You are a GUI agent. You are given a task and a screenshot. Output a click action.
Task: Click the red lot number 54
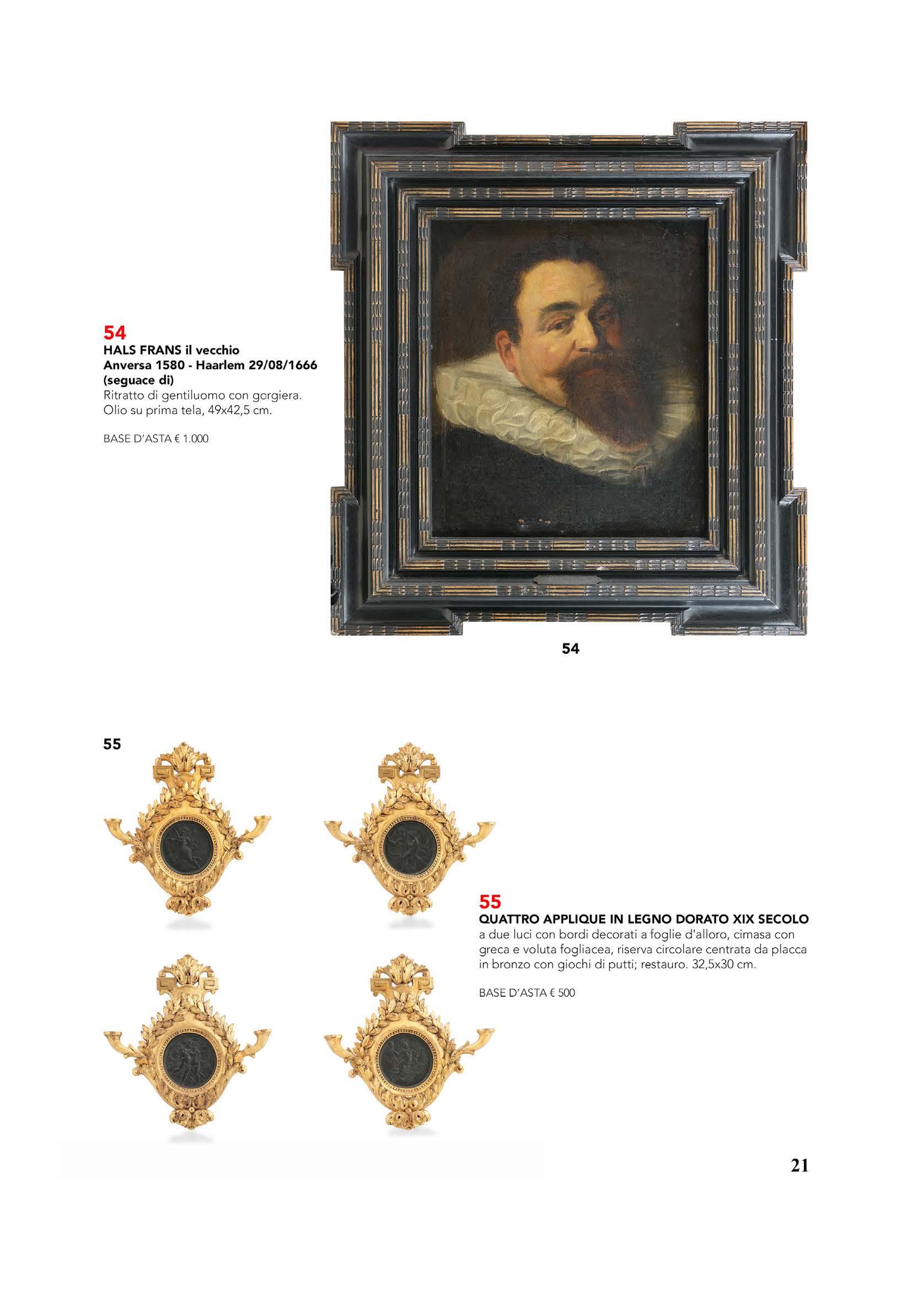[x=115, y=332]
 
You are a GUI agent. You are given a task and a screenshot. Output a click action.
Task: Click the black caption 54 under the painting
[x=570, y=649]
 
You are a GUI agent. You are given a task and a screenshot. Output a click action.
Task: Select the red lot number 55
[x=490, y=902]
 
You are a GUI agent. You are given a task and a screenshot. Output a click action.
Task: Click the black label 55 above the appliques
[x=112, y=744]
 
